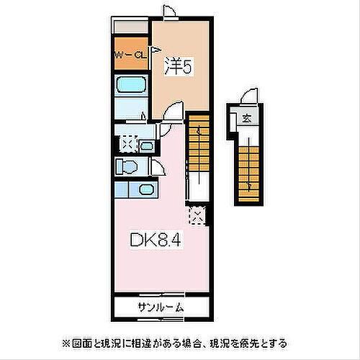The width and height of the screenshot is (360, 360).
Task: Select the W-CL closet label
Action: point(130,54)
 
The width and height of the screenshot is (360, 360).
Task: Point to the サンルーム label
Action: point(159,307)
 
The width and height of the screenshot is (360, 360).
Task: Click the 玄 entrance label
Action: point(246,120)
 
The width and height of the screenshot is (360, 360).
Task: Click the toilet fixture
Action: point(125,166)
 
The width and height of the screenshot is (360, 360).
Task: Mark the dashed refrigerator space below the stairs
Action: point(196,215)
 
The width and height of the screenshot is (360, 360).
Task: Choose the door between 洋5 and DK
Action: point(171,113)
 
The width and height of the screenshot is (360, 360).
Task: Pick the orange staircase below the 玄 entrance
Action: point(248,170)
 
